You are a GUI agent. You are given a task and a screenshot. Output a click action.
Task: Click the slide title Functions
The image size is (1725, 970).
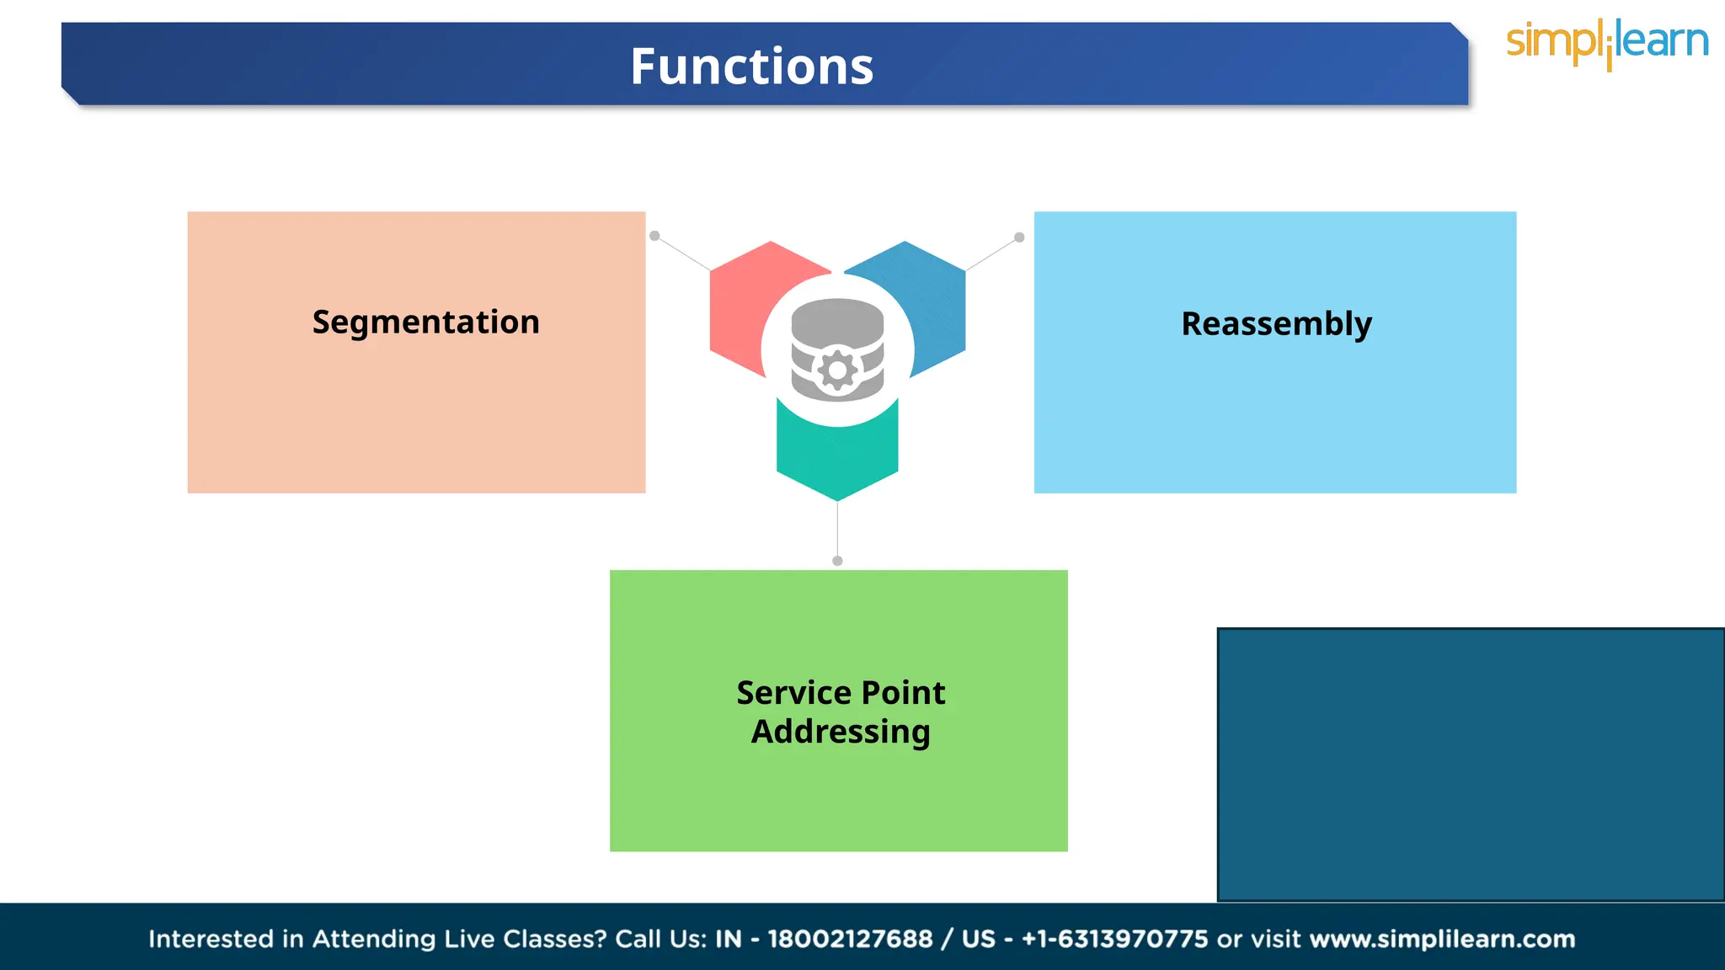751,67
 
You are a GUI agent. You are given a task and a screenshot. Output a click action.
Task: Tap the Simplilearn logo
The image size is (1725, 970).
1606,43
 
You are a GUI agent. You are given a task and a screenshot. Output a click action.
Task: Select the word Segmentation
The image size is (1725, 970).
425,322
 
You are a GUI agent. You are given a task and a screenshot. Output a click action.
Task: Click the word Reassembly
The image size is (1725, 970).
1276,324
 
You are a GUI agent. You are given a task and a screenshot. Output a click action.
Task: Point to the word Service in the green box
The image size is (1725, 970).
788,693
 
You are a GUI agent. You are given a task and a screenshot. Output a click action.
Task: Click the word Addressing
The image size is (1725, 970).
841,732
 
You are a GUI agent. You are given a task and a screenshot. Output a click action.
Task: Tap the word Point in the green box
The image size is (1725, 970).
903,693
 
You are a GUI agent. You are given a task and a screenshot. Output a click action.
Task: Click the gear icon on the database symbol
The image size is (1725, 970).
837,370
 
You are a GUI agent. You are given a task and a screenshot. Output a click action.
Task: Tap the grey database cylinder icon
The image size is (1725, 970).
837,324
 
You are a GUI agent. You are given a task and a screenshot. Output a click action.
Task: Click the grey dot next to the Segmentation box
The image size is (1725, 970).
654,236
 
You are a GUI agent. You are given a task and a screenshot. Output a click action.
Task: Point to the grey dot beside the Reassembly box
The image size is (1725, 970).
1019,237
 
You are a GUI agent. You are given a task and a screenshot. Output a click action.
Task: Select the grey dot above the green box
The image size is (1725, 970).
837,561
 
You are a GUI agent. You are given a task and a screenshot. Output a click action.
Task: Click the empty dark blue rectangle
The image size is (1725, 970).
1470,765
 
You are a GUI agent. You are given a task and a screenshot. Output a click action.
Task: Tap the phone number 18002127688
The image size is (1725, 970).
850,939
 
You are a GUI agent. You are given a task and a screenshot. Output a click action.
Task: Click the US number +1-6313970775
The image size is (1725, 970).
1114,939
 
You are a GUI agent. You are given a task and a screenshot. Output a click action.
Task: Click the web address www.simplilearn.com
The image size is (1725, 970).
1442,939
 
